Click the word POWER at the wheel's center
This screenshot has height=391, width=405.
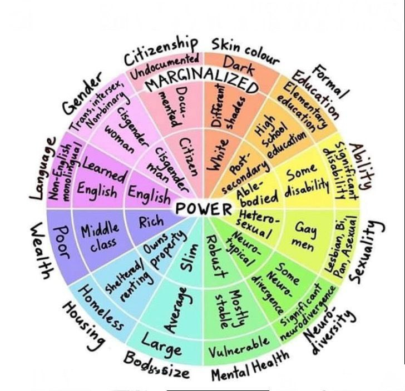click(202, 209)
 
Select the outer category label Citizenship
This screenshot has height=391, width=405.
click(160, 50)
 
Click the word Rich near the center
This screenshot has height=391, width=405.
click(151, 223)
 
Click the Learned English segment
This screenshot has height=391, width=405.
click(101, 178)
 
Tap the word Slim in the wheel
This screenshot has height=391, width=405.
click(186, 261)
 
